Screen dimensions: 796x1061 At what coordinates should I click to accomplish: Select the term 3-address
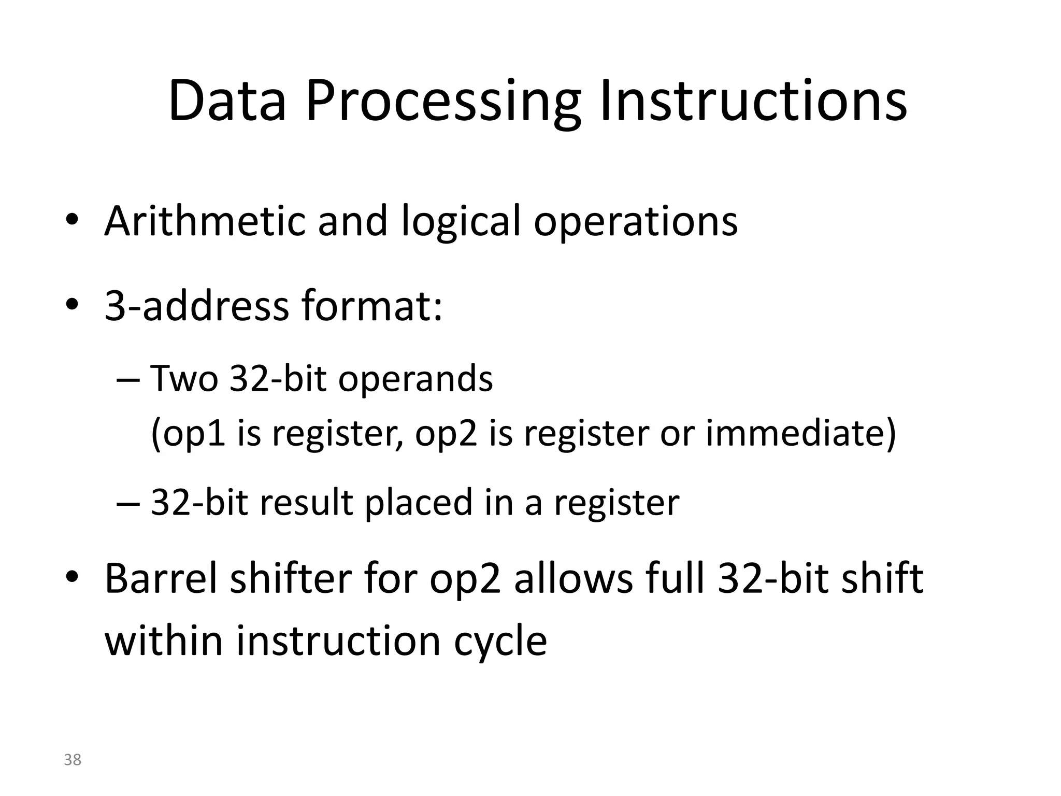pyautogui.click(x=196, y=306)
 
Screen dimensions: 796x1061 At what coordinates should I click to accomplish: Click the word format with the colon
pyautogui.click(x=372, y=306)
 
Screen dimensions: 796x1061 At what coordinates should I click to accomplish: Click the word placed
pyautogui.click(x=419, y=504)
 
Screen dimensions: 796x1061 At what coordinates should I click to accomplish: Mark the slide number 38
pyautogui.click(x=73, y=760)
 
